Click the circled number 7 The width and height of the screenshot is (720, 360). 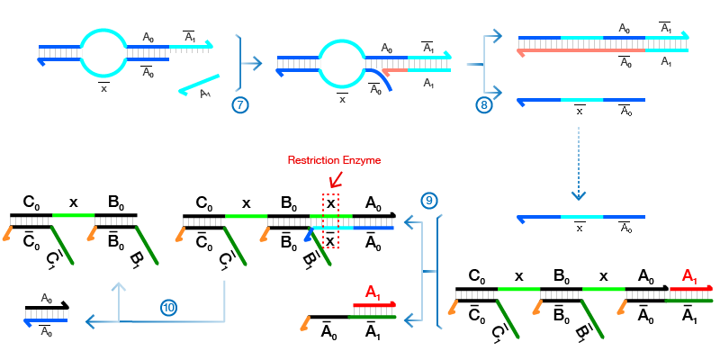pos(239,105)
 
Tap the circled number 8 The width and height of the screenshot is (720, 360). pos(483,105)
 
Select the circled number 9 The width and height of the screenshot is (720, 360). pos(429,200)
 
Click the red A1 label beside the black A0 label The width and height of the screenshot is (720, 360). pos(689,274)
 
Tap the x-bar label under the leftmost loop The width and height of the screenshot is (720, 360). pos(103,88)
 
